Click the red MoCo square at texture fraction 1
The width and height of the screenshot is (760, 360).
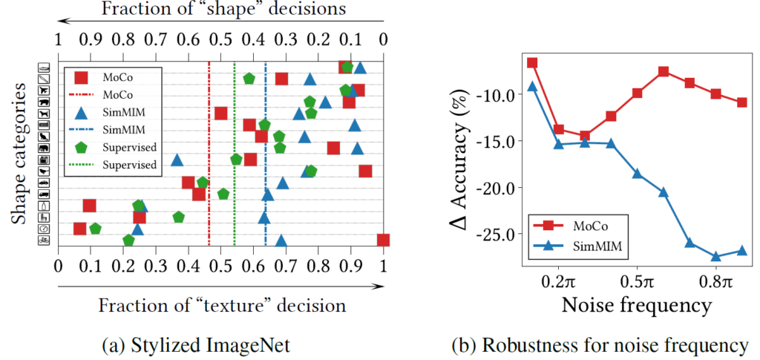pos(383,240)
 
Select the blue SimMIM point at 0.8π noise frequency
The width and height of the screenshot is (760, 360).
pos(715,257)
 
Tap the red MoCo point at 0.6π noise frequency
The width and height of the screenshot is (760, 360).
pos(663,71)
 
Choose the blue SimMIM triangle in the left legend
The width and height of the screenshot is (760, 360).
pos(82,112)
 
